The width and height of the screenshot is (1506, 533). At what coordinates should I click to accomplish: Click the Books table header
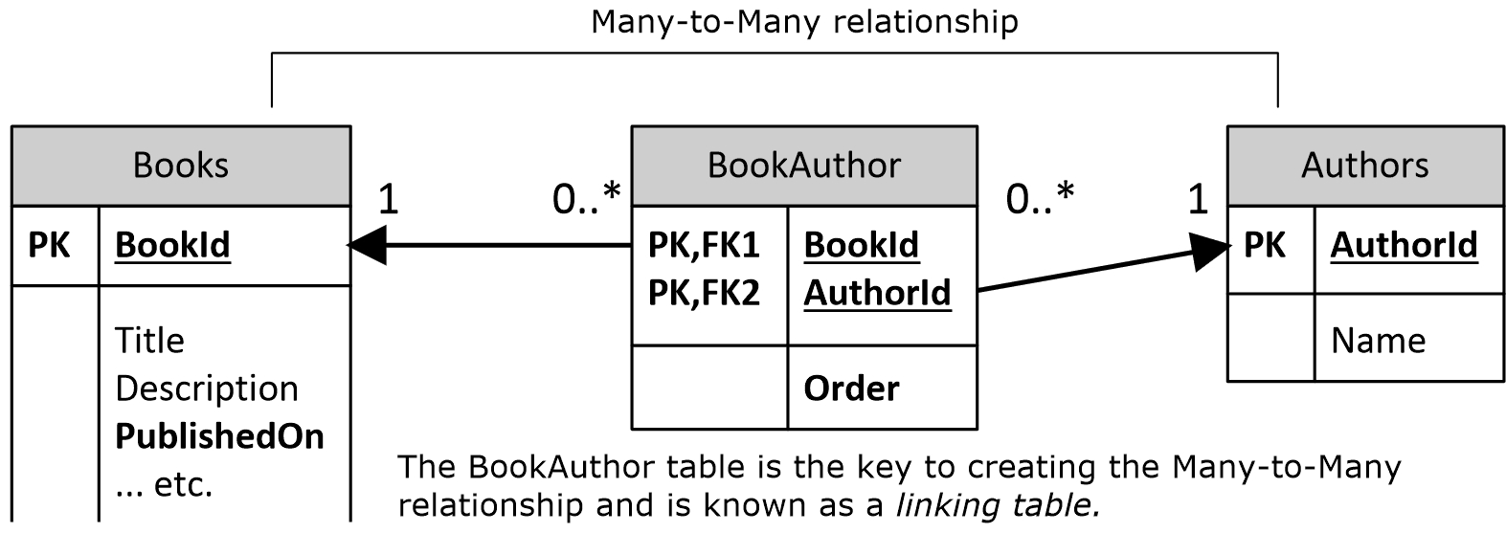(x=181, y=166)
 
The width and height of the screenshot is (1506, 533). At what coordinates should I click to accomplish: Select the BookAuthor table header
(x=804, y=166)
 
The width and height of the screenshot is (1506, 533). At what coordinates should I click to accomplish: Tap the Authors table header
(x=1364, y=166)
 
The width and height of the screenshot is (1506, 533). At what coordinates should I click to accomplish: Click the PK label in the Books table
(x=49, y=246)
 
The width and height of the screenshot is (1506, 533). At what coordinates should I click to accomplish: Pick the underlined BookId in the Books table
(x=172, y=246)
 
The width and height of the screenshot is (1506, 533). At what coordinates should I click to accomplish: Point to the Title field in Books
(x=149, y=341)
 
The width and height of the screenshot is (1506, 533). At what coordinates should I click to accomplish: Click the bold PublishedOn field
(x=219, y=436)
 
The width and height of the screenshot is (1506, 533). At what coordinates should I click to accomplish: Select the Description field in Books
(x=207, y=389)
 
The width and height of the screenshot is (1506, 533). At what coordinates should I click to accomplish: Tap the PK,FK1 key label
(x=704, y=246)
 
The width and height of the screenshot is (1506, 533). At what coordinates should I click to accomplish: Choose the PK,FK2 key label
(x=704, y=293)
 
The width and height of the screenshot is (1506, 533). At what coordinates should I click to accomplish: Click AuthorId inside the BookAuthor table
(x=877, y=293)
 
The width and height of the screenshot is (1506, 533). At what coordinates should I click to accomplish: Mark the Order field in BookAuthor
(x=851, y=389)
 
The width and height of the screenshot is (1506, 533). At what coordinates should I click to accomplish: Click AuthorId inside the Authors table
(x=1404, y=246)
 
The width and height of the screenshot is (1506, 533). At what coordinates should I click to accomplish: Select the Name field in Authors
(x=1378, y=341)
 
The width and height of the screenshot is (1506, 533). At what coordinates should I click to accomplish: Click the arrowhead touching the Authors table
(x=1211, y=253)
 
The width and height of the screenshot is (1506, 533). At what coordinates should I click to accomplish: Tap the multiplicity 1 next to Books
(x=388, y=199)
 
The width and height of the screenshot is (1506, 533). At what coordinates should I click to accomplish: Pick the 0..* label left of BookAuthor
(x=586, y=198)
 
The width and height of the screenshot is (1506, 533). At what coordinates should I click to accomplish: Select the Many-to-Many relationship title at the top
(x=804, y=21)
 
